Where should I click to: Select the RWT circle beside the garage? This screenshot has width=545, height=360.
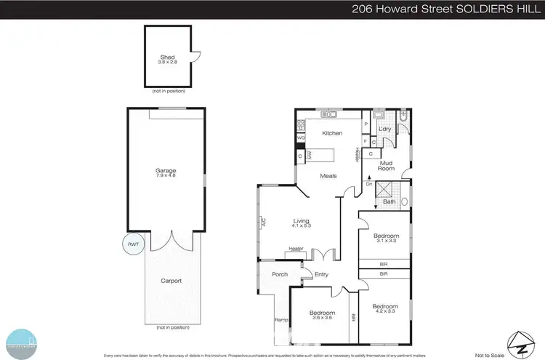(132, 244)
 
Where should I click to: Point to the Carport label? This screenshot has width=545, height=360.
(171, 280)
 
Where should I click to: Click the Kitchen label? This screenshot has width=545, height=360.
(332, 134)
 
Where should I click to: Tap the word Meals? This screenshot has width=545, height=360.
(331, 175)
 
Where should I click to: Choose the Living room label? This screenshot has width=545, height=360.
(302, 221)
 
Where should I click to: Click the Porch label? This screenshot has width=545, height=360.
(280, 274)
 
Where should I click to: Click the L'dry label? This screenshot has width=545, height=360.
(385, 129)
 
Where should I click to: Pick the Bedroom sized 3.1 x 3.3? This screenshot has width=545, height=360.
(386, 236)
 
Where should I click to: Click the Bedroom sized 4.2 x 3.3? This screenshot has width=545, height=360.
(385, 306)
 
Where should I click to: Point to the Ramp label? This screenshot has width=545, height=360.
(279, 319)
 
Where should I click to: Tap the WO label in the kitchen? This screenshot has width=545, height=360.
(300, 137)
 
